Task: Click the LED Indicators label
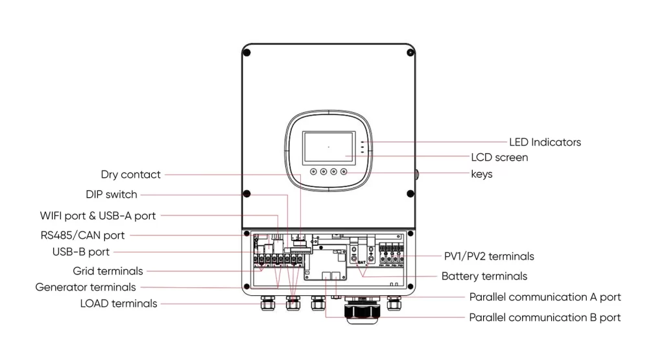[545, 141]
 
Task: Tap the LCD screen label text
[499, 158]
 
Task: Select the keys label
[481, 174]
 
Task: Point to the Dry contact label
[130, 174]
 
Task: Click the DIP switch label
[112, 194]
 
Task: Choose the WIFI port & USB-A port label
[98, 215]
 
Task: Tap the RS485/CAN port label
[82, 235]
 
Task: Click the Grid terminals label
[108, 270]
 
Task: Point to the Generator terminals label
[86, 287]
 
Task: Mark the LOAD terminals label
[119, 303]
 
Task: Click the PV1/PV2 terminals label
[480, 256]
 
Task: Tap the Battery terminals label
[484, 276]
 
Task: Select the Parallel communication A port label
[545, 297]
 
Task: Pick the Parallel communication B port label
[545, 317]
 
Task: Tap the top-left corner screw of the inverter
[247, 52]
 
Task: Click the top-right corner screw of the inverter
[410, 52]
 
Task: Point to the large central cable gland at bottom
[357, 311]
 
